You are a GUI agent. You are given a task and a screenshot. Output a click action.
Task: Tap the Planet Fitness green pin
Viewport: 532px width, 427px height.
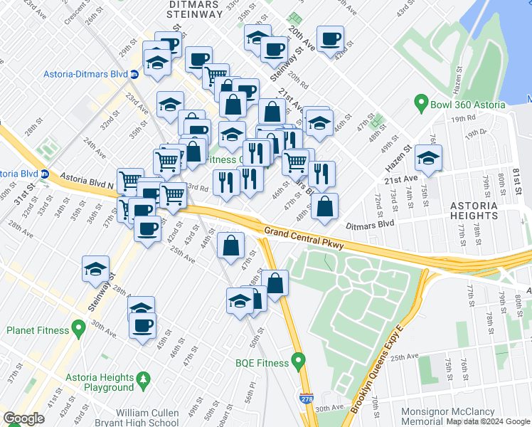click(x=78, y=330)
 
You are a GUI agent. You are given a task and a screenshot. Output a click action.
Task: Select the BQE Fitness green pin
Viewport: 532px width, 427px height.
click(x=299, y=362)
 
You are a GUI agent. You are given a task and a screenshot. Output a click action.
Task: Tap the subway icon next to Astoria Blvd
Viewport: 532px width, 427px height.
click(x=44, y=174)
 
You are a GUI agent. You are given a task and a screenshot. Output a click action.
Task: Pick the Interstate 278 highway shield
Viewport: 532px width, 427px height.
click(x=305, y=401)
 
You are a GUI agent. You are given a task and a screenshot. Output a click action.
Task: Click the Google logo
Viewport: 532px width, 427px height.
click(x=23, y=419)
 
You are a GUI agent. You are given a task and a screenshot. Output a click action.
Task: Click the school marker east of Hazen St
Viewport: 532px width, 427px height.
click(x=428, y=158)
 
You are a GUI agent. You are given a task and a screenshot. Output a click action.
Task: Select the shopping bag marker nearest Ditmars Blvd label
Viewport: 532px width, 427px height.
click(x=324, y=206)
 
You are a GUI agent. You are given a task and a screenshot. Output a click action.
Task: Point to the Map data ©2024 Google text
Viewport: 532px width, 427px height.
click(x=489, y=421)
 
